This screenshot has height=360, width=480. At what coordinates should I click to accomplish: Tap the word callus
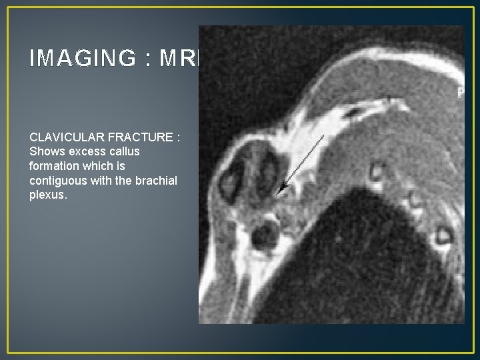click(x=123, y=151)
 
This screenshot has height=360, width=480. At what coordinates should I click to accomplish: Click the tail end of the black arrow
click(x=324, y=135)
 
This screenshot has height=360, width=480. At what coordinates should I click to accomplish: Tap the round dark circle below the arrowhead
click(x=265, y=234)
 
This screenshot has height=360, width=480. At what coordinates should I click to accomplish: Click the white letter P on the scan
click(x=460, y=94)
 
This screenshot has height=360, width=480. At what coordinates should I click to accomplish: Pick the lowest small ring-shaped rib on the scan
click(x=442, y=235)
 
